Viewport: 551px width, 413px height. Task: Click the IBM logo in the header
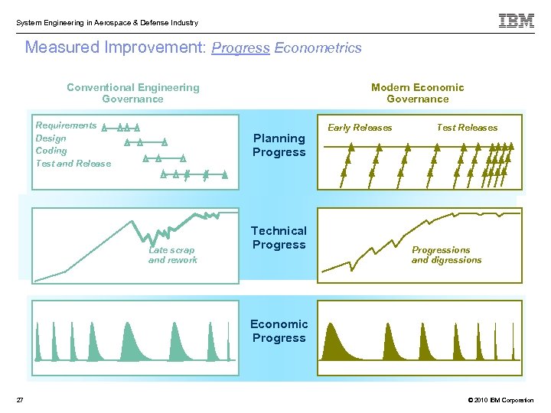[517, 21]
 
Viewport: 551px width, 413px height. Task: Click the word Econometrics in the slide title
[318, 48]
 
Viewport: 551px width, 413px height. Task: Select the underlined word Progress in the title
[240, 48]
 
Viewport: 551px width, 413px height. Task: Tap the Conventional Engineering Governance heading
[132, 93]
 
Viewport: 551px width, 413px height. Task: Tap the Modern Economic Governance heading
[417, 93]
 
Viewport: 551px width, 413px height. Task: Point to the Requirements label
[66, 125]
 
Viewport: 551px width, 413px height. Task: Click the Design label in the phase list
[51, 138]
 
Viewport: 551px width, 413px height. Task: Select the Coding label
[51, 151]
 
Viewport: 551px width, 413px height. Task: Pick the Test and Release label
[73, 164]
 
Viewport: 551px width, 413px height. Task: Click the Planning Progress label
[279, 145]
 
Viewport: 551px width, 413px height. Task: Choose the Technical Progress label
[279, 238]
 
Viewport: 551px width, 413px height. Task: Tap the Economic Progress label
[279, 331]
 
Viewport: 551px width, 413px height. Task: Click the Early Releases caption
[360, 128]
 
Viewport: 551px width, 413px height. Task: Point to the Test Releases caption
[467, 128]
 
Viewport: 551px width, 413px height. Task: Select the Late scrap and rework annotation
[172, 255]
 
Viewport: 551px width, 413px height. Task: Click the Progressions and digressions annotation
[446, 255]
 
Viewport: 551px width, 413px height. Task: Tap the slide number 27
[20, 400]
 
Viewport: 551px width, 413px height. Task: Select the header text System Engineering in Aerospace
[106, 23]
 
